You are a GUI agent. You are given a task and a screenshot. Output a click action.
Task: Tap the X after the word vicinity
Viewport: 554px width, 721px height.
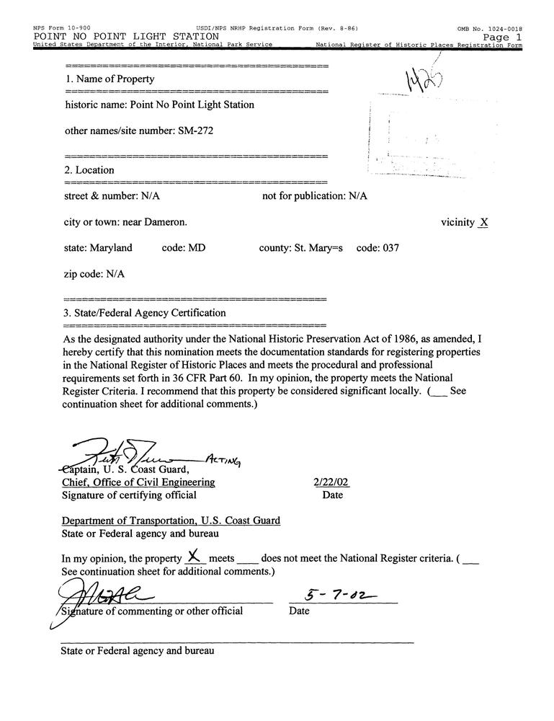[x=483, y=223]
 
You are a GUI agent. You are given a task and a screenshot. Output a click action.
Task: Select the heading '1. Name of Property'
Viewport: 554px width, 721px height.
[x=110, y=79]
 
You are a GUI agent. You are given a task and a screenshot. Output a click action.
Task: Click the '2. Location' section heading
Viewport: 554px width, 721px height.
[x=89, y=170]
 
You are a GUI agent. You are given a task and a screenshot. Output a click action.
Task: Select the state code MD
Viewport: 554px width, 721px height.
[x=197, y=248]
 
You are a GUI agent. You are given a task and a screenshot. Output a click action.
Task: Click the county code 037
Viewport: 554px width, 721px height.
[x=388, y=248]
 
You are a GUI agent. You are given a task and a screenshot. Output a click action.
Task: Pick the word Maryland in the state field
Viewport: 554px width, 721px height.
[x=111, y=248]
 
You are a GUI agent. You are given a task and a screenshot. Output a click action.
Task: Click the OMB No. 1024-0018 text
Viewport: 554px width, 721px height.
[x=490, y=29]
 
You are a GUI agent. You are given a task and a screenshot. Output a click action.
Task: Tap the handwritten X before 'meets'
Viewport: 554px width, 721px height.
[x=192, y=556]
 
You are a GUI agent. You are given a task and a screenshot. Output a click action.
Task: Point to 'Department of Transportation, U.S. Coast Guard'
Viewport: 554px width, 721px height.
[x=171, y=521]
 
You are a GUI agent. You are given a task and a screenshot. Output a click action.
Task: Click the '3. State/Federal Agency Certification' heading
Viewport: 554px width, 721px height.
[x=145, y=313]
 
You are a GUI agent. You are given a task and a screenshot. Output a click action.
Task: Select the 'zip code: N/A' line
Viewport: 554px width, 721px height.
[x=94, y=274]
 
